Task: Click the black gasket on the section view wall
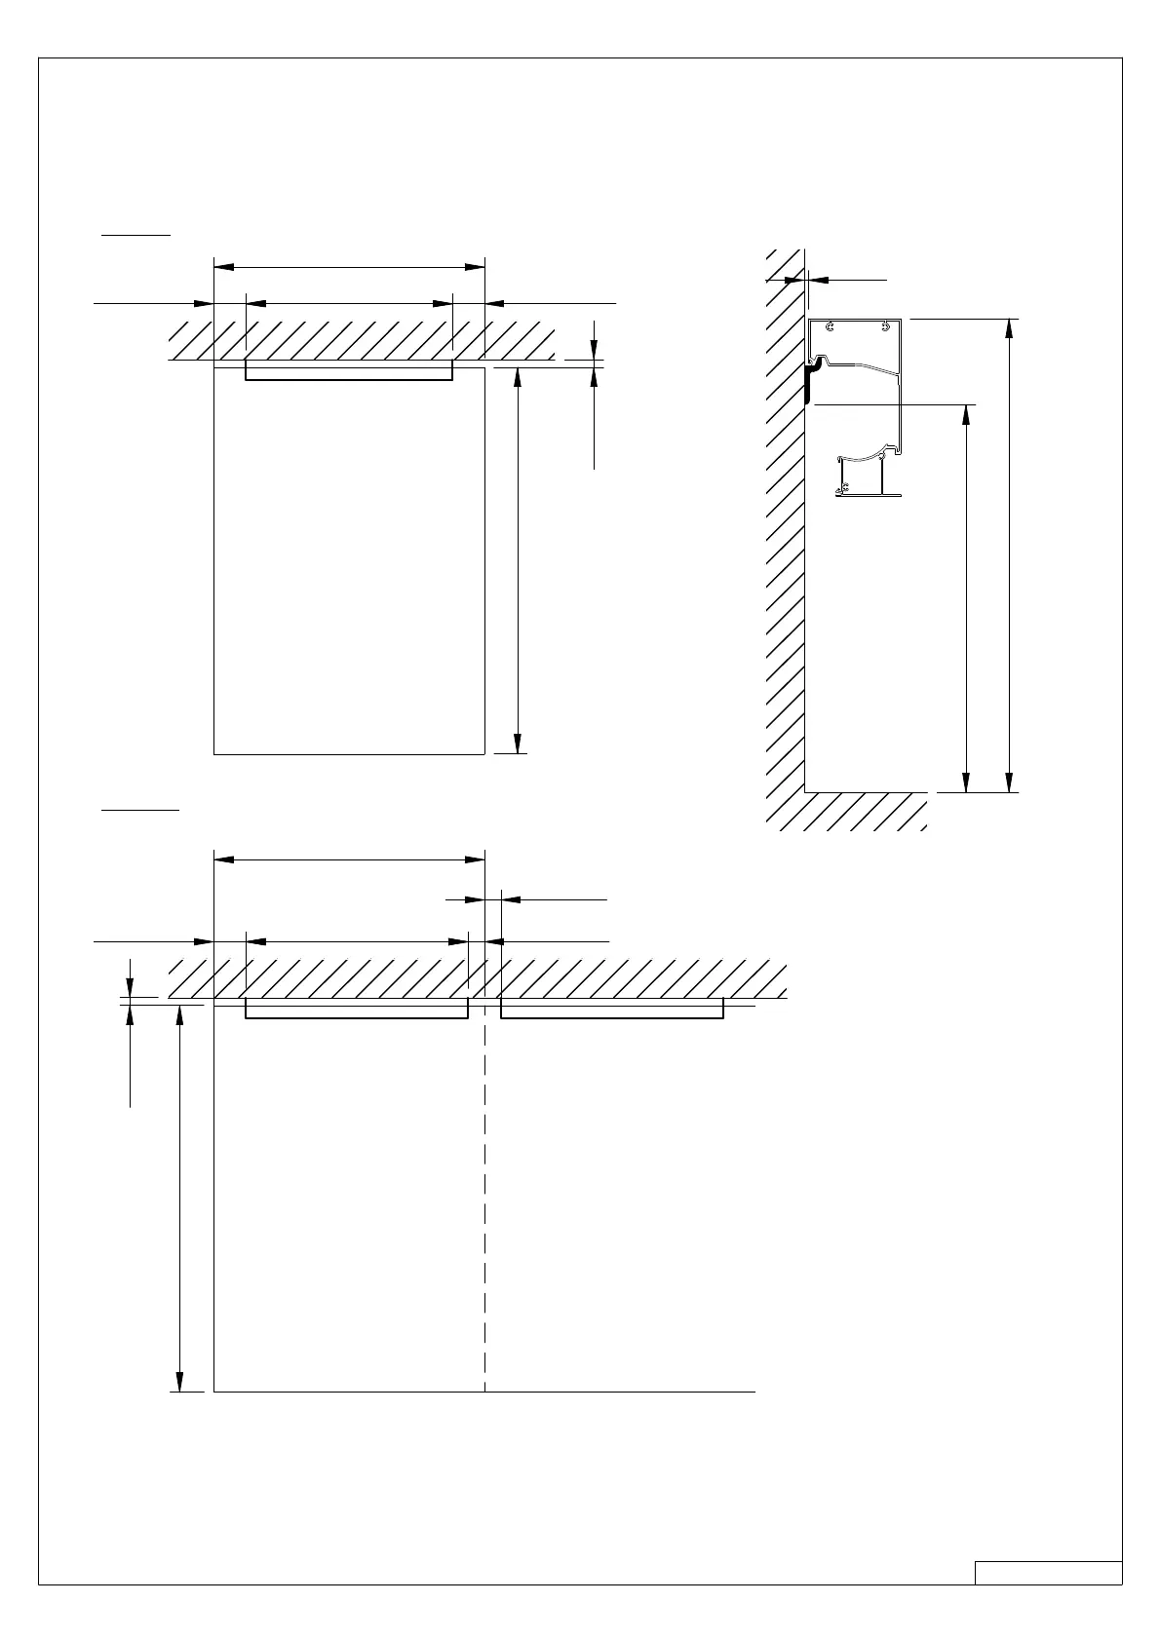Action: [809, 382]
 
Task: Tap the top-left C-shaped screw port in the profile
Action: [828, 327]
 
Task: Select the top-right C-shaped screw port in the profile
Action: [885, 327]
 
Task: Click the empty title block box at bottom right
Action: [1048, 1573]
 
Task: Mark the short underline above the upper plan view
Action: [137, 234]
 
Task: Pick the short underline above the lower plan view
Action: [141, 809]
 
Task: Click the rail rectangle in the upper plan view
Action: [349, 369]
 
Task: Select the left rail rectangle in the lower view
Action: [356, 1009]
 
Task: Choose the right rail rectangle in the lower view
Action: [612, 1009]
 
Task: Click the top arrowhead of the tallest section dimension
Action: [1009, 328]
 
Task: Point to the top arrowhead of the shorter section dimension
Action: [966, 414]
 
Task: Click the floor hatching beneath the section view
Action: [848, 811]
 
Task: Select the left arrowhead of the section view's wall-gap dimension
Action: [795, 280]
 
